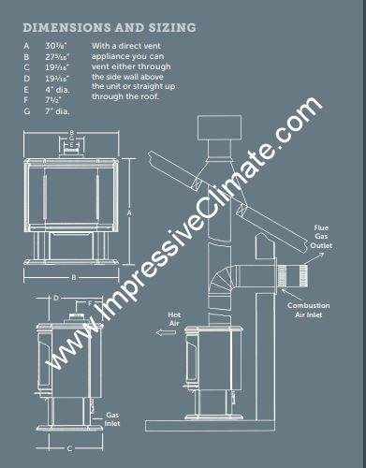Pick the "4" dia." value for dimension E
65,90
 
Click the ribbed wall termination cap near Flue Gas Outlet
297,276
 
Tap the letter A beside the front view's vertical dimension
127,213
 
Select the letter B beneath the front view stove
73,278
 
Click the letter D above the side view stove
56,297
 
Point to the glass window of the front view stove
73,192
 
